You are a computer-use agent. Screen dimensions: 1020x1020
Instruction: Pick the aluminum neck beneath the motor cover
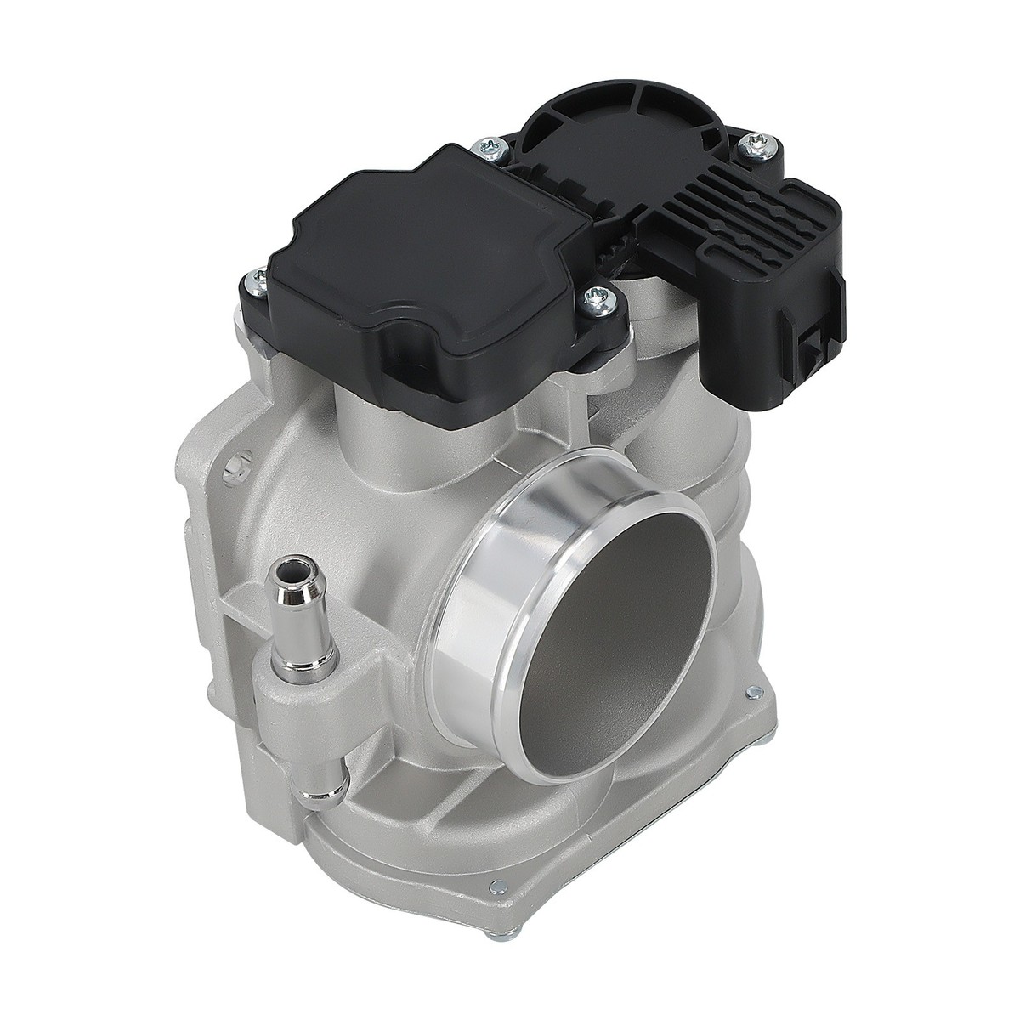(391, 425)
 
